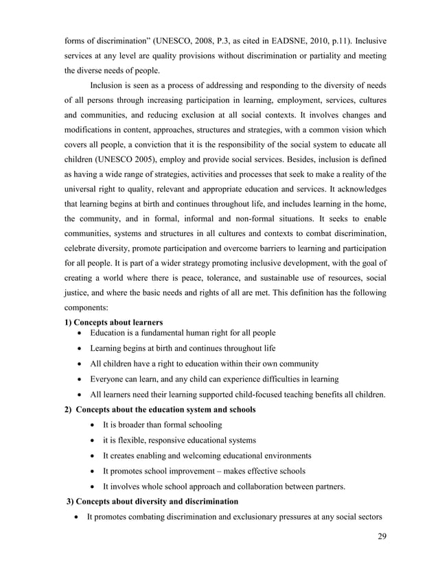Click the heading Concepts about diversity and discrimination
click(x=152, y=501)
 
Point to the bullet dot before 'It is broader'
click(x=93, y=425)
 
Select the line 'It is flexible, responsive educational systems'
click(x=179, y=440)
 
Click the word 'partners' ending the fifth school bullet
click(x=326, y=486)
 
